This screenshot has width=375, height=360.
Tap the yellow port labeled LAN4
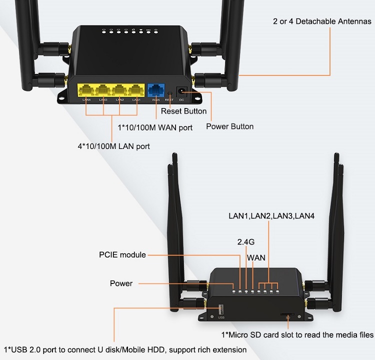(86, 90)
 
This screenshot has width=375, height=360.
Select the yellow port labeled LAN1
(135, 90)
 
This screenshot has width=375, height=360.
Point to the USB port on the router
(220, 308)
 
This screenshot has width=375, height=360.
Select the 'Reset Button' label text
(183, 111)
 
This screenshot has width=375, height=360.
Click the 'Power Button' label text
(229, 126)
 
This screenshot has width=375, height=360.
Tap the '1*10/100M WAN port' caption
(155, 127)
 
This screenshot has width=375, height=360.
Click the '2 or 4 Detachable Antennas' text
(322, 21)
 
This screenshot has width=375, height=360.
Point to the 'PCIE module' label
(122, 255)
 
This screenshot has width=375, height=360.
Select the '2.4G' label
(246, 242)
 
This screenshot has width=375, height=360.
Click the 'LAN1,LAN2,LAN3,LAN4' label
(268, 216)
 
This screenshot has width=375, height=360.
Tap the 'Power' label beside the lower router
(121, 283)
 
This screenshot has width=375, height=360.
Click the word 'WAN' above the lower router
(256, 258)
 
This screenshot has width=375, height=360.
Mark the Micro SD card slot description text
(297, 334)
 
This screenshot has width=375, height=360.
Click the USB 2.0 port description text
(125, 349)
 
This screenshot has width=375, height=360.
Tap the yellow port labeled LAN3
(103, 90)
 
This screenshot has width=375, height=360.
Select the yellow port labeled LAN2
(119, 90)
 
